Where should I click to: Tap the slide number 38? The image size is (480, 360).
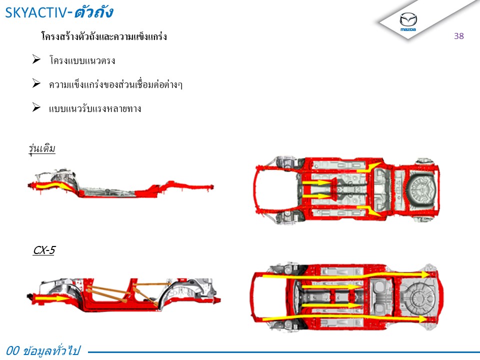[459, 36]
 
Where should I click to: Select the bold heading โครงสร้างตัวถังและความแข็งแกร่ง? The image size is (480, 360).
[104, 36]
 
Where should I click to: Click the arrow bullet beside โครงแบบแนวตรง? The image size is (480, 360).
[36, 59]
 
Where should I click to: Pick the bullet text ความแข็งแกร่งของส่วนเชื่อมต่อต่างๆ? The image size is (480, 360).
[115, 84]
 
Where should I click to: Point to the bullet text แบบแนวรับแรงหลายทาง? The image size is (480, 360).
[95, 108]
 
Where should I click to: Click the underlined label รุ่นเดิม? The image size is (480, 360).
[42, 149]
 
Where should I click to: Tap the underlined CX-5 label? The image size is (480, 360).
[44, 250]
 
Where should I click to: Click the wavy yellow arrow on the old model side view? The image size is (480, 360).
[51, 185]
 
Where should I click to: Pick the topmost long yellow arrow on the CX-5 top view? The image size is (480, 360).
[346, 275]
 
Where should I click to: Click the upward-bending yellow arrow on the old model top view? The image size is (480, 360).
[369, 167]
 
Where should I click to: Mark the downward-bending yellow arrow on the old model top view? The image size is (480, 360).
[368, 210]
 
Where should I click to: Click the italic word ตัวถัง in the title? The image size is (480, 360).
[93, 12]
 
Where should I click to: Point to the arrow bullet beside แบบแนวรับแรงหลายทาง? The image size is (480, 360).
[36, 107]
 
